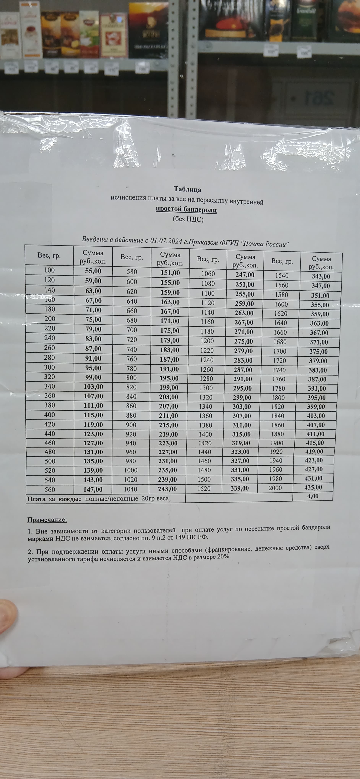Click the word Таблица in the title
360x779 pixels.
pos(187,190)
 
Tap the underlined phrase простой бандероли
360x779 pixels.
pos(186,210)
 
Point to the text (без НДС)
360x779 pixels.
pos(188,219)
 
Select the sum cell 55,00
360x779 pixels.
pos(93,271)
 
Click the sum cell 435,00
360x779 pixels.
pos(313,487)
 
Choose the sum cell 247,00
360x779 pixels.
pos(245,275)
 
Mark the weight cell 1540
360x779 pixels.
pos(282,276)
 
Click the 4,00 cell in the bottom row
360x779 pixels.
pos(313,496)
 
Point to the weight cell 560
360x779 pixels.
pos(50,490)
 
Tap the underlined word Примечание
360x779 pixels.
pos(47,520)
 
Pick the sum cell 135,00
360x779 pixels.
pos(93,461)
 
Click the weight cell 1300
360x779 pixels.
pos(206,388)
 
